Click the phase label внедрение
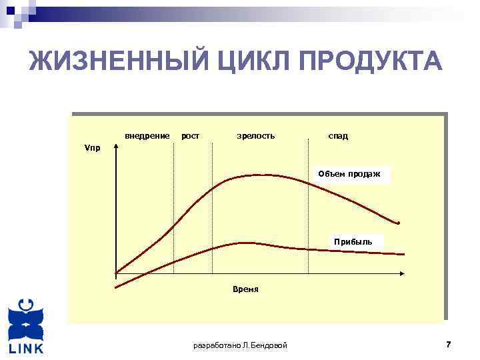[147, 136]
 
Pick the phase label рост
[191, 136]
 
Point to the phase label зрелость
[255, 136]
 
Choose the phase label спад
[337, 136]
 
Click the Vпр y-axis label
[92, 148]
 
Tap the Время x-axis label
[245, 290]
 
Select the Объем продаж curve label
[349, 174]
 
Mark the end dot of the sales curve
[399, 223]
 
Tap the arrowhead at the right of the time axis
[402, 273]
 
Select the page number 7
[448, 344]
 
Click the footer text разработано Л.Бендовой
[240, 345]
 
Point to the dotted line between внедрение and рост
[174, 207]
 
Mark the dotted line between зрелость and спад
[309, 207]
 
